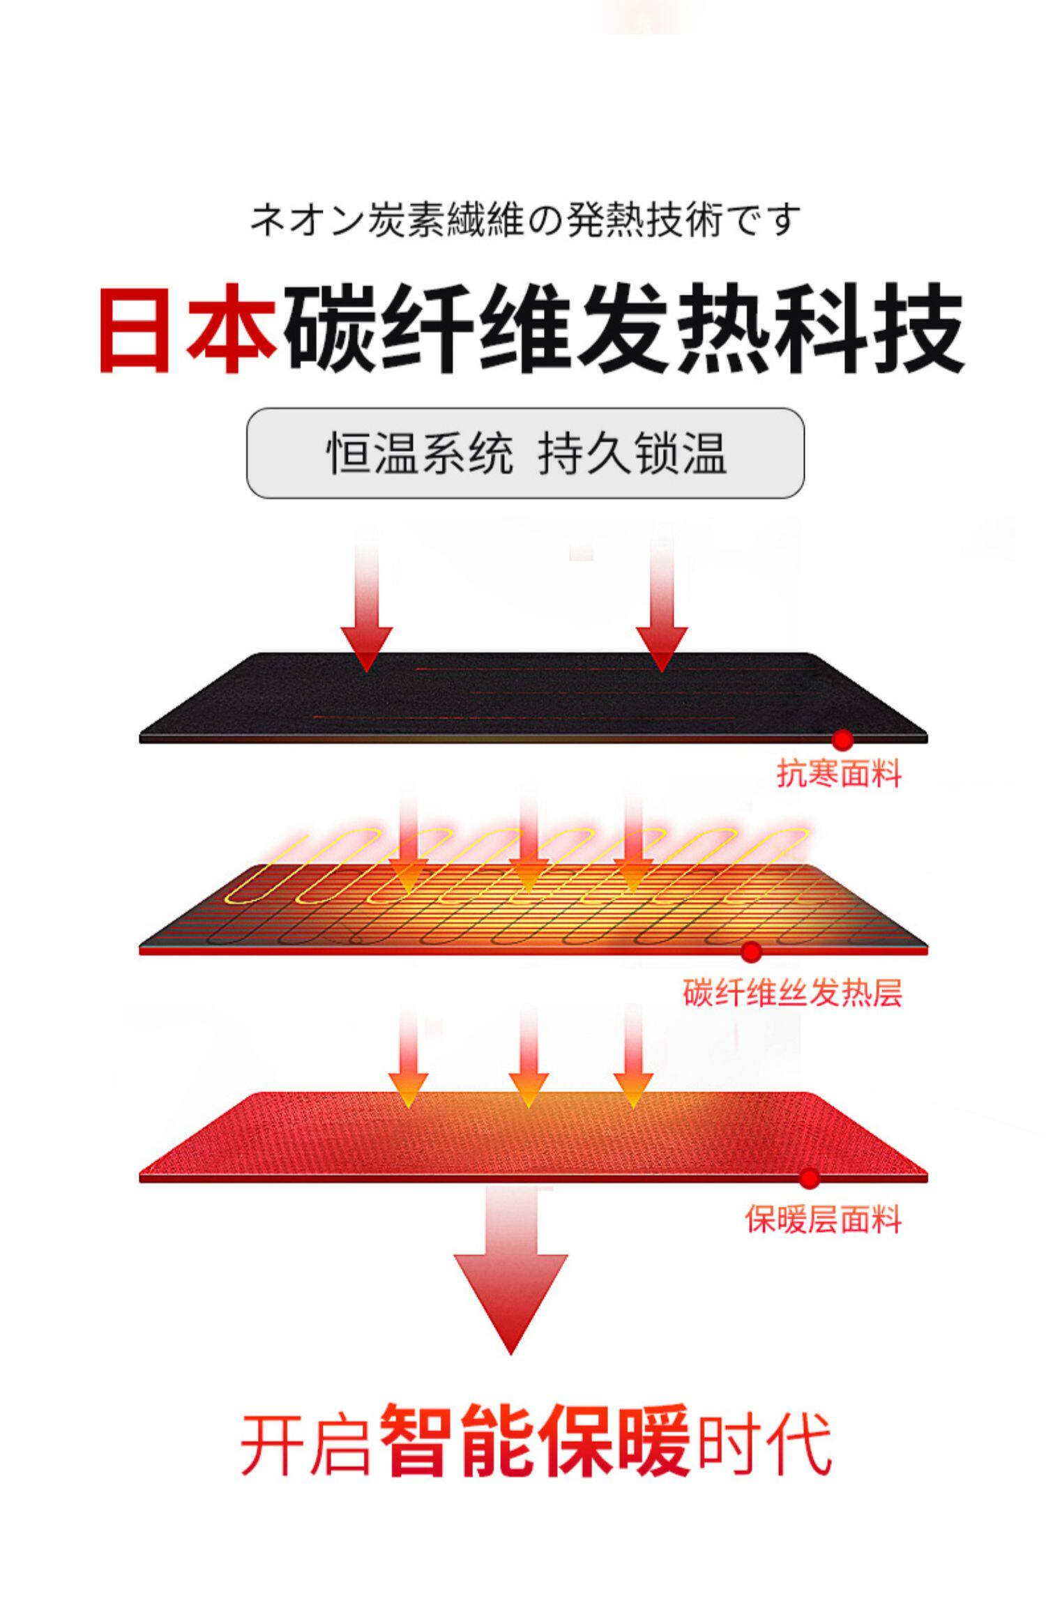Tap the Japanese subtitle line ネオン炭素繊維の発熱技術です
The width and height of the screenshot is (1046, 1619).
[524, 219]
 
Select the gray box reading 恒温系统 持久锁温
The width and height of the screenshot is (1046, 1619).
[525, 453]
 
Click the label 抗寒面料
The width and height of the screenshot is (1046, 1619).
[839, 774]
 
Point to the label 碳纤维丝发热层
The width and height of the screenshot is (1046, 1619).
[792, 993]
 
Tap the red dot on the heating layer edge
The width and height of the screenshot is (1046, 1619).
[751, 951]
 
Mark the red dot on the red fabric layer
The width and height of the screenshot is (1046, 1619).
[810, 1178]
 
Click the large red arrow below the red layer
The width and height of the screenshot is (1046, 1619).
[510, 1283]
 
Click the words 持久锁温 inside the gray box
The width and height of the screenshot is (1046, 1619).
[632, 453]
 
